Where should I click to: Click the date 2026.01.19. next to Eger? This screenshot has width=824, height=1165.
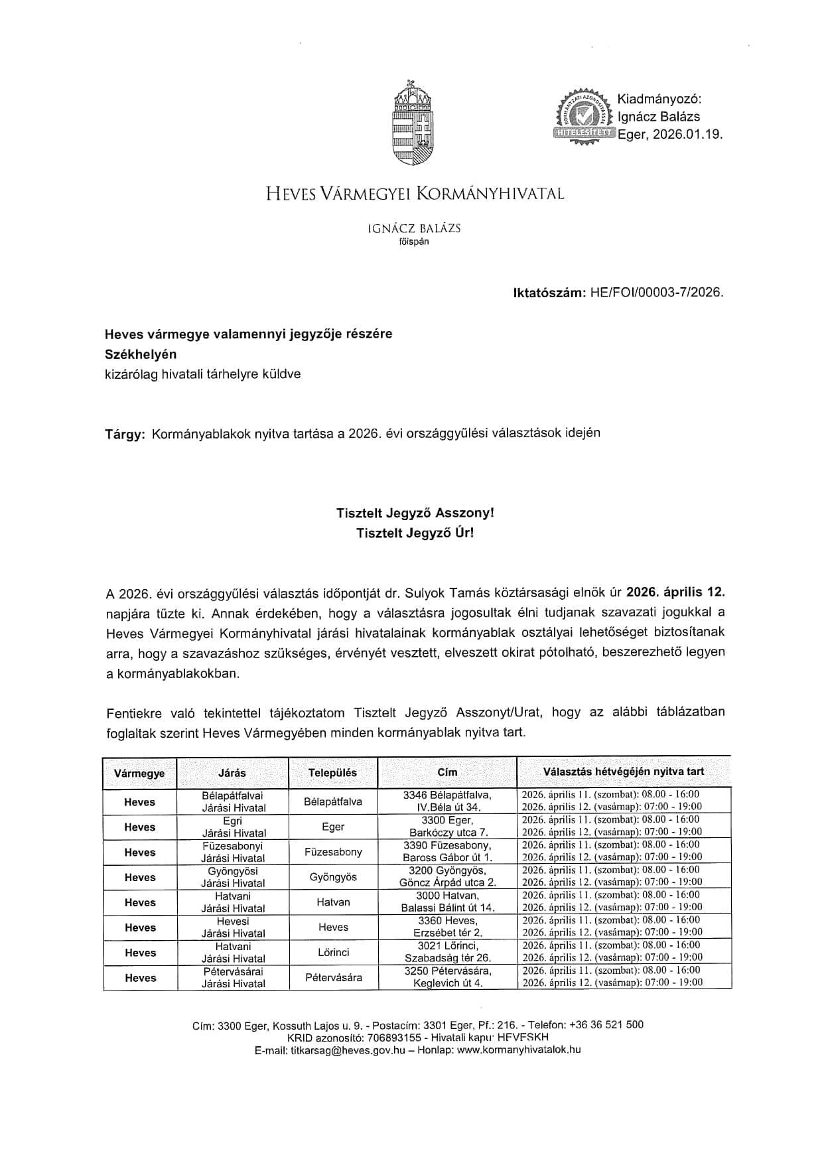point(687,134)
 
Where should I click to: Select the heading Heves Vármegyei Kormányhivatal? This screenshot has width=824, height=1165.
point(415,194)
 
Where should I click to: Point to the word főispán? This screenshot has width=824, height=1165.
point(414,241)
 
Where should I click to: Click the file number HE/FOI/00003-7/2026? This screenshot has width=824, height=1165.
point(656,292)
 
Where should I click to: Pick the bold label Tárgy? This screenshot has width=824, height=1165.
point(125,435)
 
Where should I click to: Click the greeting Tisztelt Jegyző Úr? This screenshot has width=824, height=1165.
point(415,533)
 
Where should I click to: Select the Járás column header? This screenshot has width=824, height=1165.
point(232,773)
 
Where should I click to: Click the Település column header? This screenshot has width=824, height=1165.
point(332,773)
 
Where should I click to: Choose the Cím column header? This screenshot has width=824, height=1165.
point(447,772)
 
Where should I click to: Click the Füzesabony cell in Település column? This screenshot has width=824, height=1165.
point(333,852)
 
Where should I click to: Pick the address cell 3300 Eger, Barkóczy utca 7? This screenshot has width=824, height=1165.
point(448,827)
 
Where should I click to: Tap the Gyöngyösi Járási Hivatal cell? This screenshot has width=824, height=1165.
point(233,877)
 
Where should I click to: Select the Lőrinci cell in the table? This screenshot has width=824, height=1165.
point(333,952)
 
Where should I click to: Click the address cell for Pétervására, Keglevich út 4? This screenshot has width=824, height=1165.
point(448,977)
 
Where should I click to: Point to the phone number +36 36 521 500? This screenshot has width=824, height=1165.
point(606,1025)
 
